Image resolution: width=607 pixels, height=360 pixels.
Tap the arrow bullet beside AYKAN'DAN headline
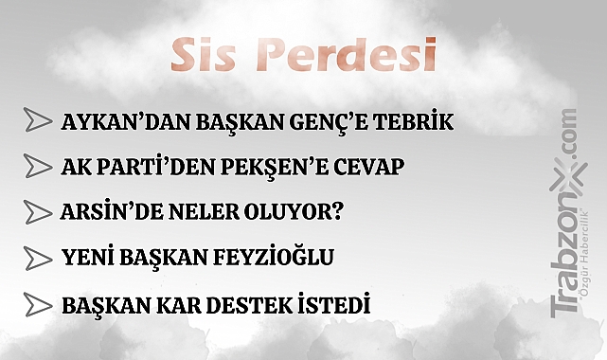click(x=38, y=121)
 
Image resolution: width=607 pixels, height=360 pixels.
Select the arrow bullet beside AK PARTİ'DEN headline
click(x=38, y=167)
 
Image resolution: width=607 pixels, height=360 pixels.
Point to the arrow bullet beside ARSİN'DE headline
click(x=38, y=211)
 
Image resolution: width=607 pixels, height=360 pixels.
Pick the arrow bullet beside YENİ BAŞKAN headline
click(x=38, y=258)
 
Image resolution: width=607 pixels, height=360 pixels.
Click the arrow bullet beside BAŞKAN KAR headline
click(x=38, y=305)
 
